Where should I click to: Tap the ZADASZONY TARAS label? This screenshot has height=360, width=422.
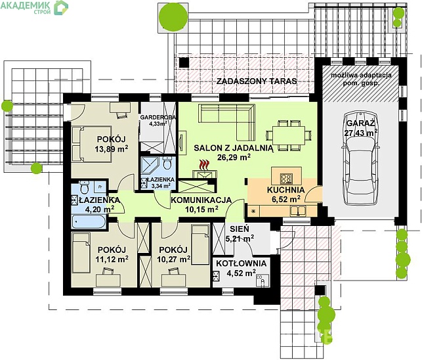click(x=257, y=81)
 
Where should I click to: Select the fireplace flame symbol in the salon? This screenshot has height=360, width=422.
click(x=204, y=165)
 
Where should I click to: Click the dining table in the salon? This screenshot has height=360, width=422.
click(x=289, y=135)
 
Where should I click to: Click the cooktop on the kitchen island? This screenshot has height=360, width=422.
click(x=286, y=179)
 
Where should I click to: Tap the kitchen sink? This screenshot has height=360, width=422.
click(x=298, y=211)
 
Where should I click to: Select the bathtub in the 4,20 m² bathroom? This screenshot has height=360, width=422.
click(x=89, y=221)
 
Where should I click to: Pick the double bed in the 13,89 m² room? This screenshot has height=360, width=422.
click(x=91, y=144)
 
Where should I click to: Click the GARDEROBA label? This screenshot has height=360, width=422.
click(x=158, y=117)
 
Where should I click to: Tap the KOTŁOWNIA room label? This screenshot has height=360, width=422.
click(x=242, y=263)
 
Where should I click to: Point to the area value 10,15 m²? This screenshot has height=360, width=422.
click(x=201, y=210)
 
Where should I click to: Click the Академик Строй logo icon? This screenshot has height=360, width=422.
click(x=61, y=7)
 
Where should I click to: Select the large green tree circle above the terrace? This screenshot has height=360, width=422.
click(x=173, y=16)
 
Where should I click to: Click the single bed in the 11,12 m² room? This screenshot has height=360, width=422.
click(x=81, y=253)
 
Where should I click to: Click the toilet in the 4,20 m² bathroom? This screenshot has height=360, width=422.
click(x=85, y=187)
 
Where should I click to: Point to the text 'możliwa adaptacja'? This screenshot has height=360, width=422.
click(x=361, y=76)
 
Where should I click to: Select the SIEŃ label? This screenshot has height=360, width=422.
click(x=240, y=229)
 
